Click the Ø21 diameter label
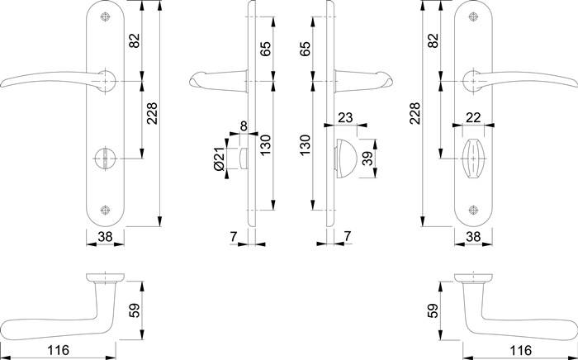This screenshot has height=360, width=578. [x=219, y=159]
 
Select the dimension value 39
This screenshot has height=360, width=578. [x=367, y=159]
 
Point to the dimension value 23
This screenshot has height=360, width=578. [x=345, y=118]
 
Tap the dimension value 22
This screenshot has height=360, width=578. [x=473, y=118]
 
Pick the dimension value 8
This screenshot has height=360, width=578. [x=244, y=126]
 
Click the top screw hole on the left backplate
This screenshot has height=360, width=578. [x=106, y=17]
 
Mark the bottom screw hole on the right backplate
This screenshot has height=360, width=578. [x=473, y=210]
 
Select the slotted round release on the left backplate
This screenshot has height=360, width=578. [x=105, y=159]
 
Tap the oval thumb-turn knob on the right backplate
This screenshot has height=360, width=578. [x=473, y=159]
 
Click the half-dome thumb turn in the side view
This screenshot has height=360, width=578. [x=346, y=159]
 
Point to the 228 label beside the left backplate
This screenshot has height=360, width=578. [x=152, y=113]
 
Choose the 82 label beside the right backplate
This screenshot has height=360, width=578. [x=433, y=40]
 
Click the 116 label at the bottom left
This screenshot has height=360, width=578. [x=59, y=350]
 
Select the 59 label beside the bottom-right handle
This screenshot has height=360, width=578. [x=433, y=310]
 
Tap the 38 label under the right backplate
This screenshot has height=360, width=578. [x=473, y=237]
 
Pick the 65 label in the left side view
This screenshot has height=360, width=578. [x=265, y=49]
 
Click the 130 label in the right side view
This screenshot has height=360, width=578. [x=306, y=145]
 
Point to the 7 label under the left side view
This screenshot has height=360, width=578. [x=234, y=237]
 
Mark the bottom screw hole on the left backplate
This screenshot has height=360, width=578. [x=106, y=210]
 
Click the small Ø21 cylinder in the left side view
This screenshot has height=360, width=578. [x=243, y=159]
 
